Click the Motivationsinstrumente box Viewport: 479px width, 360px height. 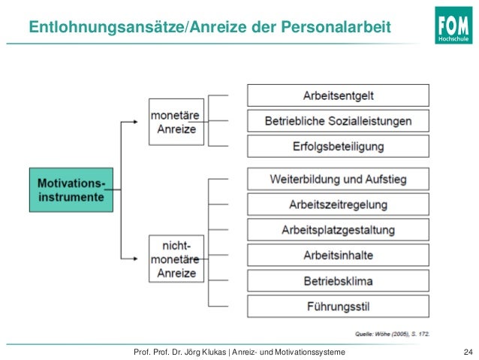click(x=72, y=189)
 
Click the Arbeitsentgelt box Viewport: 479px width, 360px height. click(x=338, y=95)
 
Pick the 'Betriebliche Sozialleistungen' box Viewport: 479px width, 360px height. click(x=338, y=120)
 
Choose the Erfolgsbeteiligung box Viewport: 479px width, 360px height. click(x=338, y=146)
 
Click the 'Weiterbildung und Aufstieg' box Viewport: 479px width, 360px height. click(x=338, y=179)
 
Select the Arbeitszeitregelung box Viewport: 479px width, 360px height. click(x=338, y=204)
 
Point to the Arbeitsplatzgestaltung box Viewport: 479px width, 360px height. click(x=338, y=229)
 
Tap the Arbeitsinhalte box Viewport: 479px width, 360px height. click(x=338, y=256)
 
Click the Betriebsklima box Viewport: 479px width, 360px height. click(x=338, y=281)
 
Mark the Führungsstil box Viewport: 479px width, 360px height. click(x=338, y=307)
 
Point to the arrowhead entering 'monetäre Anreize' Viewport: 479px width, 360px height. click(x=143, y=122)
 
